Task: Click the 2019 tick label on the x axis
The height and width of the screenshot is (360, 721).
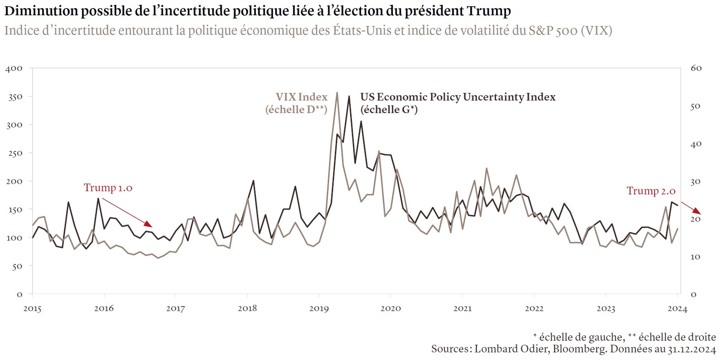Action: [x=319, y=308]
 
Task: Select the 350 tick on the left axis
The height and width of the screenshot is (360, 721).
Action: [x=15, y=97]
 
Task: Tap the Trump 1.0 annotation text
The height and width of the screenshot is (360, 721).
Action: [x=108, y=188]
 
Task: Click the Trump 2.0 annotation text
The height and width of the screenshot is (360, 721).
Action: [x=651, y=191]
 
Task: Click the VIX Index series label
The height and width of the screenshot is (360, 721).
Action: [x=301, y=97]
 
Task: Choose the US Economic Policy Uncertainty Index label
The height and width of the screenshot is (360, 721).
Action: [x=457, y=97]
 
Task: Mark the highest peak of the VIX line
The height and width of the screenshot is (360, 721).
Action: [x=337, y=93]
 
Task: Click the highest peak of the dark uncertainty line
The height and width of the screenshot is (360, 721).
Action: [x=349, y=97]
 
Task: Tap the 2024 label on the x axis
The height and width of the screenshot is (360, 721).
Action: [x=677, y=308]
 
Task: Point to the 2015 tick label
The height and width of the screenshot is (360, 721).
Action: [x=32, y=308]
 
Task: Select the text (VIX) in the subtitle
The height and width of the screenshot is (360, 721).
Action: [x=596, y=31]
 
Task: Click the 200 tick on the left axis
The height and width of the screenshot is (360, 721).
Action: [x=15, y=181]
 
